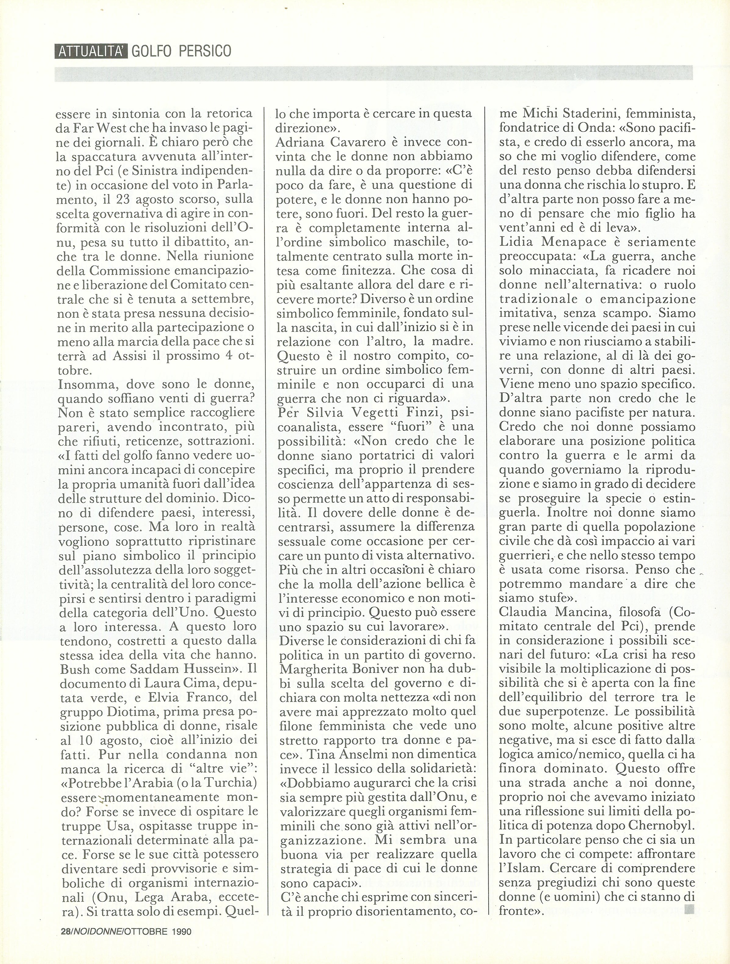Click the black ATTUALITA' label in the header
click(91, 51)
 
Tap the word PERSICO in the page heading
click(204, 51)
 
